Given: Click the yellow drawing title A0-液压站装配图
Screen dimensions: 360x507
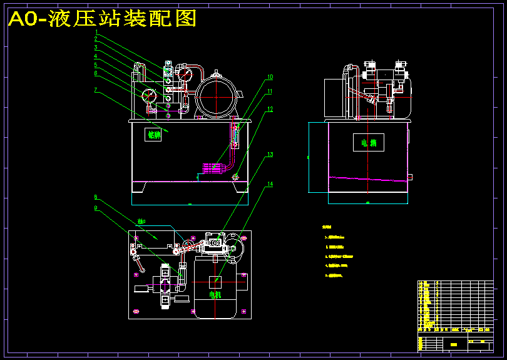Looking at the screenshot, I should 102,19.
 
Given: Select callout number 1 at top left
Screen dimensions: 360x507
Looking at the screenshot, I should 96,31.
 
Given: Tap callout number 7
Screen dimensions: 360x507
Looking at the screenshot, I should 96,90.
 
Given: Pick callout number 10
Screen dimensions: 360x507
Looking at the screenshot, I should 270,78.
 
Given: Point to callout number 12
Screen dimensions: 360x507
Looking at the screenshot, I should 270,109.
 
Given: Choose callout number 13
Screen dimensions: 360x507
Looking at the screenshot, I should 270,154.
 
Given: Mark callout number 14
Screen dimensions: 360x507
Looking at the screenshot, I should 270,185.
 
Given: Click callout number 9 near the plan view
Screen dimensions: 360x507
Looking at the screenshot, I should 96,208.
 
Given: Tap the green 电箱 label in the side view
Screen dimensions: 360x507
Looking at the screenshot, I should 368,143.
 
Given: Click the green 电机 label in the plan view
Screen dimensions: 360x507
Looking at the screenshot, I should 215,295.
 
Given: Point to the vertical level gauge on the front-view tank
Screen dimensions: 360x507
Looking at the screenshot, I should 235,135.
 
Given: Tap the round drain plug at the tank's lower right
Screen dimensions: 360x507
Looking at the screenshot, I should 235,177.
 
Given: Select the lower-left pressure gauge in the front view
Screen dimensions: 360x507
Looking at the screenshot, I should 150,96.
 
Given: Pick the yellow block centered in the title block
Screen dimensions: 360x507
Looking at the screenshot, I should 453,344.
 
